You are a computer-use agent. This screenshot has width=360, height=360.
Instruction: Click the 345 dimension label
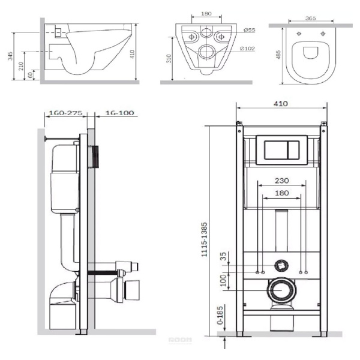(10, 56)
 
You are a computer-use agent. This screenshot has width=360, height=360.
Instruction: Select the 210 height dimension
(21, 66)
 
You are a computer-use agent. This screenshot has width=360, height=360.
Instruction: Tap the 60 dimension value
(31, 75)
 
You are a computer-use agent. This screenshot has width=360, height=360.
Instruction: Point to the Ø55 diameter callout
(250, 30)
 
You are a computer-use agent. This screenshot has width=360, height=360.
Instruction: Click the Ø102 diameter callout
(247, 49)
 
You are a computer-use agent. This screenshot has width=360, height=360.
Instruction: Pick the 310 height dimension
(169, 59)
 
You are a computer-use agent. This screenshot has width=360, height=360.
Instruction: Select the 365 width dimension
(311, 18)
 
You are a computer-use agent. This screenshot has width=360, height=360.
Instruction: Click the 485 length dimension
(278, 55)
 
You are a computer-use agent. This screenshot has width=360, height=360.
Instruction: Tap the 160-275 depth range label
(65, 113)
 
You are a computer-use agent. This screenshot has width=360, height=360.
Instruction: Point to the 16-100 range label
(119, 113)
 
